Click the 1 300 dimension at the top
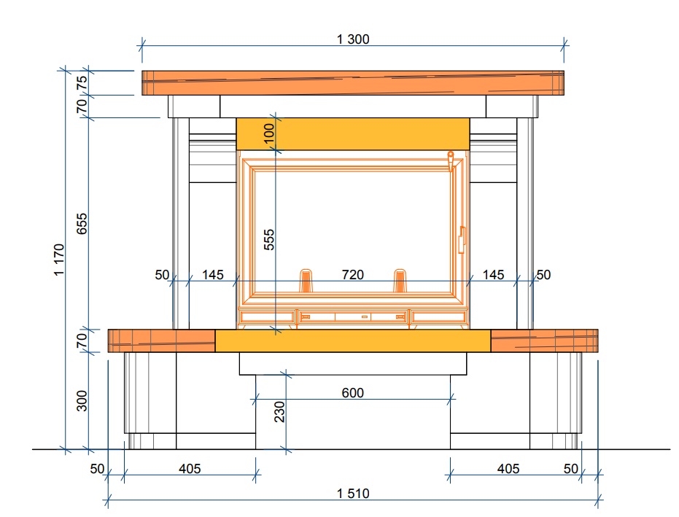pos(353,39)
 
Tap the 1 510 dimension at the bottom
pos(353,494)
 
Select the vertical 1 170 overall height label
pos(59,260)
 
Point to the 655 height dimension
pos(82,223)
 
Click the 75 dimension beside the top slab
pos(82,82)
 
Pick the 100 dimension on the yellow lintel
pos(269,133)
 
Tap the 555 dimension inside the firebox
pos(269,239)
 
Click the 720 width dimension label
pos(352,274)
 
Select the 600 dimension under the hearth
pos(352,393)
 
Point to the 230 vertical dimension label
pos(279,411)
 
